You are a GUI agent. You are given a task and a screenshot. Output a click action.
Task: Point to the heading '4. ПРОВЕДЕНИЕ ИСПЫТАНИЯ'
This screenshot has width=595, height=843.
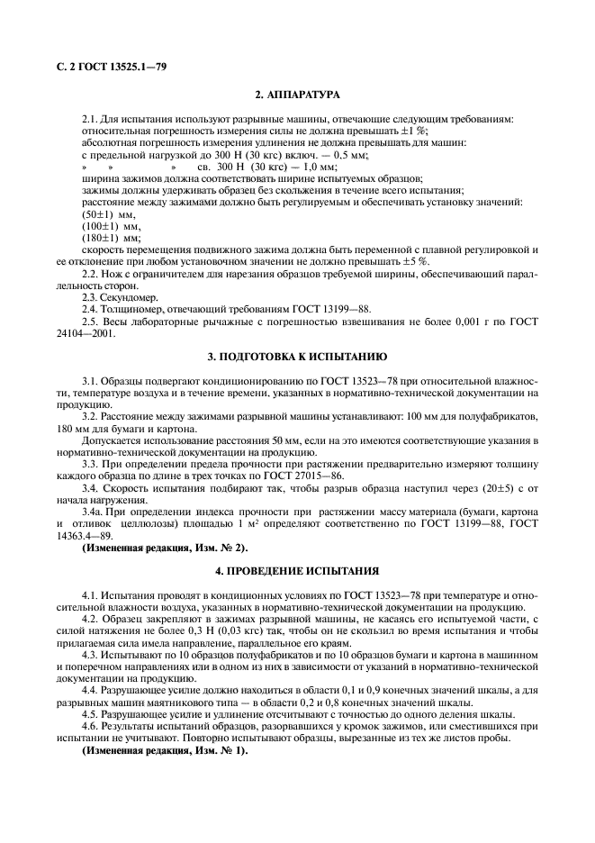click(297, 571)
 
